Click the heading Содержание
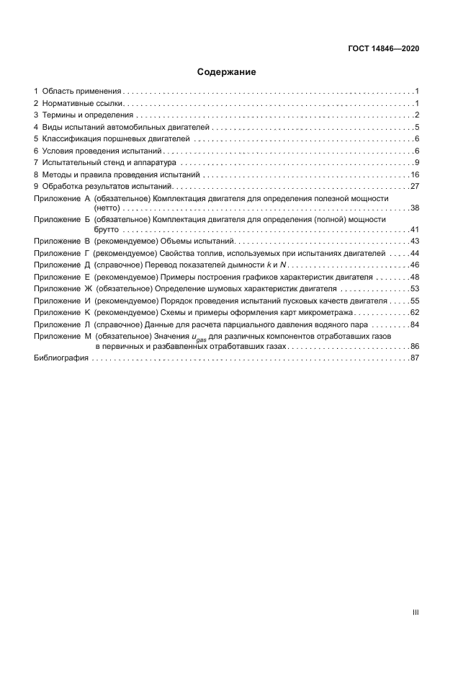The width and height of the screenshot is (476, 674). [226, 72]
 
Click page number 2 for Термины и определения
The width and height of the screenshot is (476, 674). [417, 115]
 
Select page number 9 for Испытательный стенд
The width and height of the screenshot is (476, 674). [417, 162]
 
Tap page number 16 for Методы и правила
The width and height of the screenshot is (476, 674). [415, 174]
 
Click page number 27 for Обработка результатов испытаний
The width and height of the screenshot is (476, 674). [415, 186]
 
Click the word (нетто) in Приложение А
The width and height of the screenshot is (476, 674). [107, 208]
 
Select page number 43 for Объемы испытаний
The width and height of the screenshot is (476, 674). [415, 241]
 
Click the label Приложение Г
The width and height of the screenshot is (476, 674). [61, 253]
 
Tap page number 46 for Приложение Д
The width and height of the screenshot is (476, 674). [415, 265]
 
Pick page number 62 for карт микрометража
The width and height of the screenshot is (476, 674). [415, 312]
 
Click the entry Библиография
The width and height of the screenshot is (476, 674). [61, 358]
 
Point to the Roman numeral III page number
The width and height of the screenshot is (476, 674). [416, 612]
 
